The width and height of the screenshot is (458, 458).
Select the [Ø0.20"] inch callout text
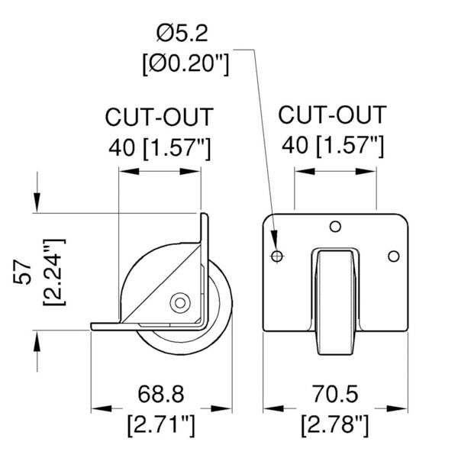click(x=185, y=63)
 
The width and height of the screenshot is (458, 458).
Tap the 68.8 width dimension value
click(x=161, y=394)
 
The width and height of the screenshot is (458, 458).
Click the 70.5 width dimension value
click(x=335, y=394)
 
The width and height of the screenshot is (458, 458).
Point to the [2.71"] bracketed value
click(x=161, y=424)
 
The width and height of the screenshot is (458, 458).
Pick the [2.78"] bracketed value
click(x=335, y=424)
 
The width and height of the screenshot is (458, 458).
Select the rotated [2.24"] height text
click(x=54, y=273)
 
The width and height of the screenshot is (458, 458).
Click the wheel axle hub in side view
click(x=180, y=303)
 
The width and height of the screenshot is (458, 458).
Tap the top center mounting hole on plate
click(x=335, y=227)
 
